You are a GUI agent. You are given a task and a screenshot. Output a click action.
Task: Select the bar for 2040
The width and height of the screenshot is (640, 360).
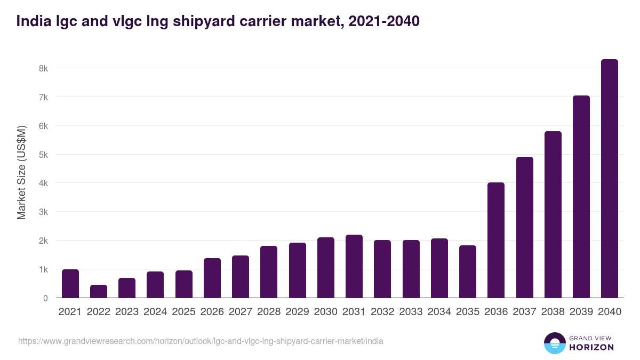pyautogui.click(x=609, y=179)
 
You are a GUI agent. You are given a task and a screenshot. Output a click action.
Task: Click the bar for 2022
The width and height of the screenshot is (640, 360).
pyautogui.click(x=99, y=291)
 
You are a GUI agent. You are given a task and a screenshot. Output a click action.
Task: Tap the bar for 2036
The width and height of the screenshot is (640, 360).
pyautogui.click(x=496, y=240)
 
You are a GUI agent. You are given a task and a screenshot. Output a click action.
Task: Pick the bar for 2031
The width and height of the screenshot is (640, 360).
pyautogui.click(x=354, y=266)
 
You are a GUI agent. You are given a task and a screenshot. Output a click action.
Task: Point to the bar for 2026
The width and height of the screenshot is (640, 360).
pyautogui.click(x=212, y=278)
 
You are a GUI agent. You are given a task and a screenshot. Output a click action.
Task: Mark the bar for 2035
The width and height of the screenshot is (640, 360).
pyautogui.click(x=468, y=271)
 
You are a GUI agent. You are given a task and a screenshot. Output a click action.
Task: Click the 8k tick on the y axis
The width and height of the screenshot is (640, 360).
pyautogui.click(x=43, y=68)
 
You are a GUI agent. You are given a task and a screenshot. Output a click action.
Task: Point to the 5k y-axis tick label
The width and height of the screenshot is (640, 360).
pyautogui.click(x=43, y=155)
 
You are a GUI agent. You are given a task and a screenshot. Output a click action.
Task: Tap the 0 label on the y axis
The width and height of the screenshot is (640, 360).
pyautogui.click(x=45, y=298)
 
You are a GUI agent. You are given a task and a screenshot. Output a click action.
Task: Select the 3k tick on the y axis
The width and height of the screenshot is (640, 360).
pyautogui.click(x=43, y=212)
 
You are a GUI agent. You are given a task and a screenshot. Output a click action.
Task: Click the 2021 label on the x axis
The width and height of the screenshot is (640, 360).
pyautogui.click(x=70, y=312)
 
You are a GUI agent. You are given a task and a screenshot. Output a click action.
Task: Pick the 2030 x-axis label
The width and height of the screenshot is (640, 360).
pyautogui.click(x=325, y=312)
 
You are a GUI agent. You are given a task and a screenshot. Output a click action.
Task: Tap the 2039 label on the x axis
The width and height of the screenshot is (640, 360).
pyautogui.click(x=581, y=312)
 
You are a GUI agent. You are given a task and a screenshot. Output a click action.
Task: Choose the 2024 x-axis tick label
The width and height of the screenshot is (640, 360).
pyautogui.click(x=155, y=312)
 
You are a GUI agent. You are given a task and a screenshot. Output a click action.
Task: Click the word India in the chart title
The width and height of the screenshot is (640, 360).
pyautogui.click(x=30, y=21)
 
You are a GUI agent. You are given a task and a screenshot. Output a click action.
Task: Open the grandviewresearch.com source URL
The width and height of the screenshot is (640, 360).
pyautogui.click(x=201, y=341)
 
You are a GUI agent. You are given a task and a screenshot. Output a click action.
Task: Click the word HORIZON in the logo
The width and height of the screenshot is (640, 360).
pyautogui.click(x=591, y=347)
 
